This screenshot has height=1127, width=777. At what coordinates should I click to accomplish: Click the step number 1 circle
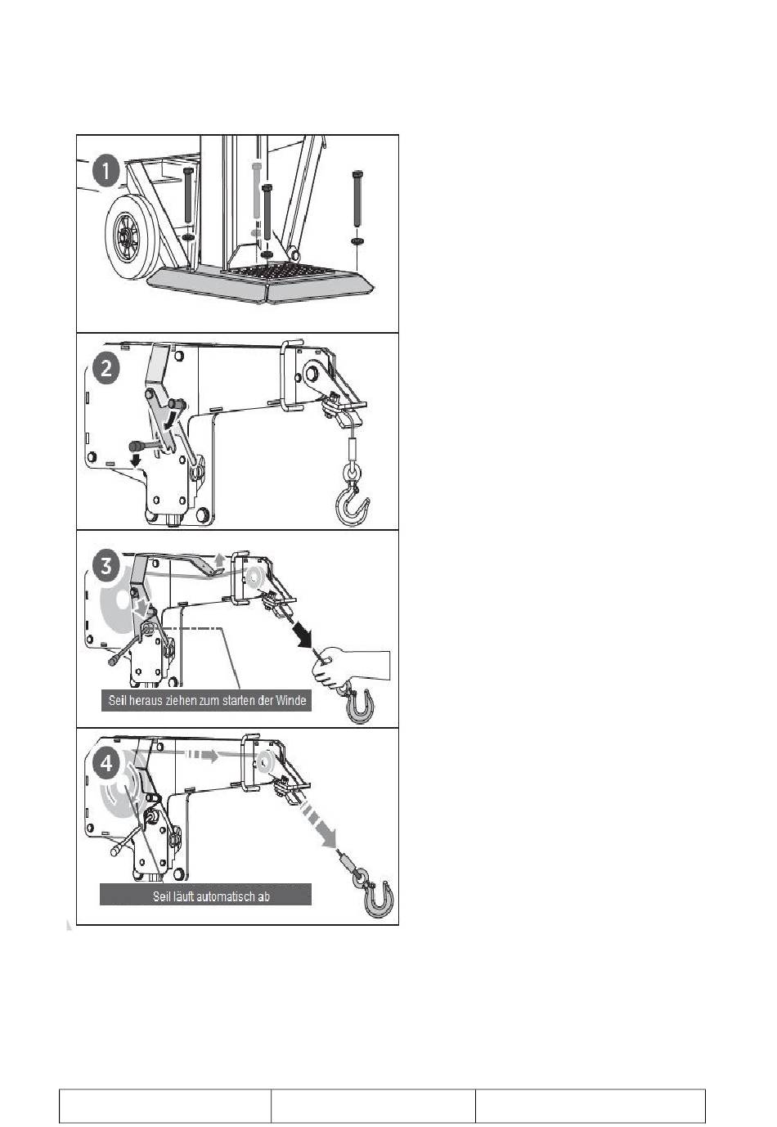tap(106, 171)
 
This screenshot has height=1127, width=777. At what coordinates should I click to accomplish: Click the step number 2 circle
tap(106, 370)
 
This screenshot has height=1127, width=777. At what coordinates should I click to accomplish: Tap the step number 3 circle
tap(106, 567)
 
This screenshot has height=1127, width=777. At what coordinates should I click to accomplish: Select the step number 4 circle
tap(106, 764)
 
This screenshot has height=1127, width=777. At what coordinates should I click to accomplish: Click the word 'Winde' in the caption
tap(291, 700)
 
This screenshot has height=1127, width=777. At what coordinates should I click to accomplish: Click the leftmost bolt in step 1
tap(189, 195)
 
